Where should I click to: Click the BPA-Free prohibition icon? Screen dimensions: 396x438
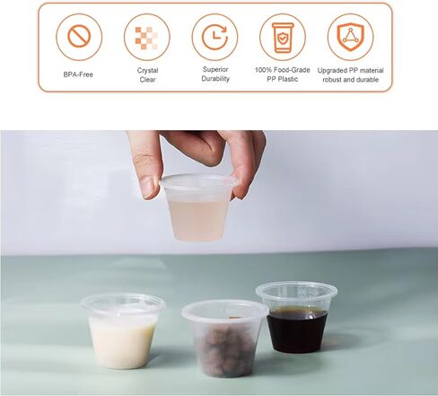click(x=79, y=37)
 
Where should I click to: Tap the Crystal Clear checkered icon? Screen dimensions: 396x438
click(x=146, y=37)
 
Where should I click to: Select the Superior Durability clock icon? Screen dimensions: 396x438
click(x=215, y=37)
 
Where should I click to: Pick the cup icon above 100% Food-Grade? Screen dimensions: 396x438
click(x=283, y=37)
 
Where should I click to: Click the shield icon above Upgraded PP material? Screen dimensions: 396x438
click(x=350, y=37)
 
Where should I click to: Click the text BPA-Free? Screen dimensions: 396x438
click(x=79, y=75)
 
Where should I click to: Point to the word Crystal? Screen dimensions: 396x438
click(x=147, y=70)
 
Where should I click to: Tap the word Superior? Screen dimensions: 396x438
click(x=215, y=70)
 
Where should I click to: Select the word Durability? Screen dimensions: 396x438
click(x=215, y=79)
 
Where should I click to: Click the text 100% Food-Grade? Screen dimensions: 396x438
click(x=283, y=70)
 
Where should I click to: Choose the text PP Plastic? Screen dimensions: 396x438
click(x=283, y=79)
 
